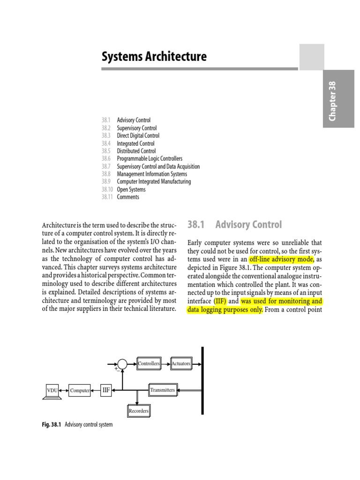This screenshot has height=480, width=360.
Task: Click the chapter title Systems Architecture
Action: pyautogui.click(x=154, y=57)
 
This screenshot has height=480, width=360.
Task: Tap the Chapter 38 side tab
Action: pyautogui.click(x=338, y=99)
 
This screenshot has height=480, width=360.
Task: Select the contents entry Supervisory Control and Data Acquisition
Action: pyautogui.click(x=158, y=166)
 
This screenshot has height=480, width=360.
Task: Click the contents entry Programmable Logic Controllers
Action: pyautogui.click(x=150, y=159)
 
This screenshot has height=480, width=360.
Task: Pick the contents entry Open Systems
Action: pyautogui.click(x=131, y=189)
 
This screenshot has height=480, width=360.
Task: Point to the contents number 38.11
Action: pyautogui.click(x=107, y=197)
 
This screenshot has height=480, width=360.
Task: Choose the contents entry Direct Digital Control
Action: pyautogui.click(x=138, y=135)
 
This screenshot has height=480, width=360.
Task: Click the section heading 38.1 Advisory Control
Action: pyautogui.click(x=235, y=225)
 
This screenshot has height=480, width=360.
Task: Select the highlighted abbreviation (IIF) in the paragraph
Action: pyautogui.click(x=218, y=301)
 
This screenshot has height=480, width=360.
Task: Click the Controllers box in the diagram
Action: pyautogui.click(x=149, y=363)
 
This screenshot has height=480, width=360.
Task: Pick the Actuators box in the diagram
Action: pyautogui.click(x=181, y=363)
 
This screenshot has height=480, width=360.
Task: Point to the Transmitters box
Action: pyautogui.click(x=163, y=390)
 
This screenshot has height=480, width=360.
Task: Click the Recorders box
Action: pyautogui.click(x=138, y=411)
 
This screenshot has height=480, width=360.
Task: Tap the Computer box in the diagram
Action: pyautogui.click(x=80, y=390)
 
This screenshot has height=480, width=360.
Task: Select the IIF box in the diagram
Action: pyautogui.click(x=106, y=390)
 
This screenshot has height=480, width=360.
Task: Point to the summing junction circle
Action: pyautogui.click(x=122, y=364)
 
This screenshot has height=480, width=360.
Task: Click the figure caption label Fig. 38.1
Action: pyautogui.click(x=52, y=425)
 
